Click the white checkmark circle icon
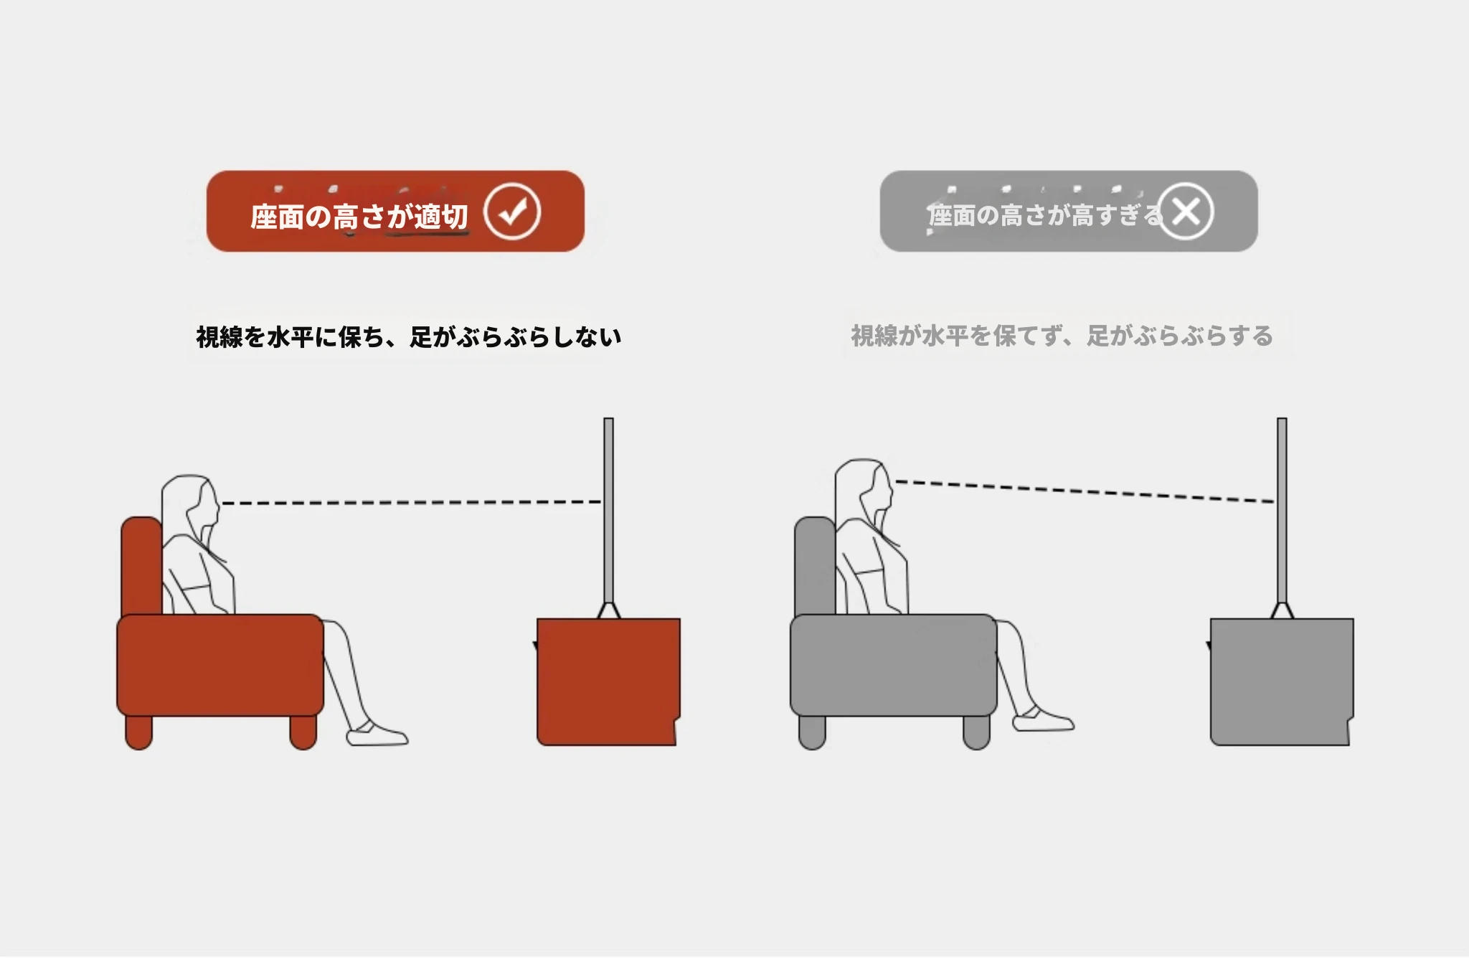511,212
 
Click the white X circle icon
1185,212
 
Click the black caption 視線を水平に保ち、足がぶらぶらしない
409,336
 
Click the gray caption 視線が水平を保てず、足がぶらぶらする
1062,336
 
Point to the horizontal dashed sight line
412,502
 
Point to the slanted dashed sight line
1085,491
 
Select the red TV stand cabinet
608,681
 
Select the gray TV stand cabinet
1281,681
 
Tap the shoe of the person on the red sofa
377,734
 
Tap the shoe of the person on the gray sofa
1044,719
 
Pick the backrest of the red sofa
141,566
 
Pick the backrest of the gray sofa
815,566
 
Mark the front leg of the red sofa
303,732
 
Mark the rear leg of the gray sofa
812,732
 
